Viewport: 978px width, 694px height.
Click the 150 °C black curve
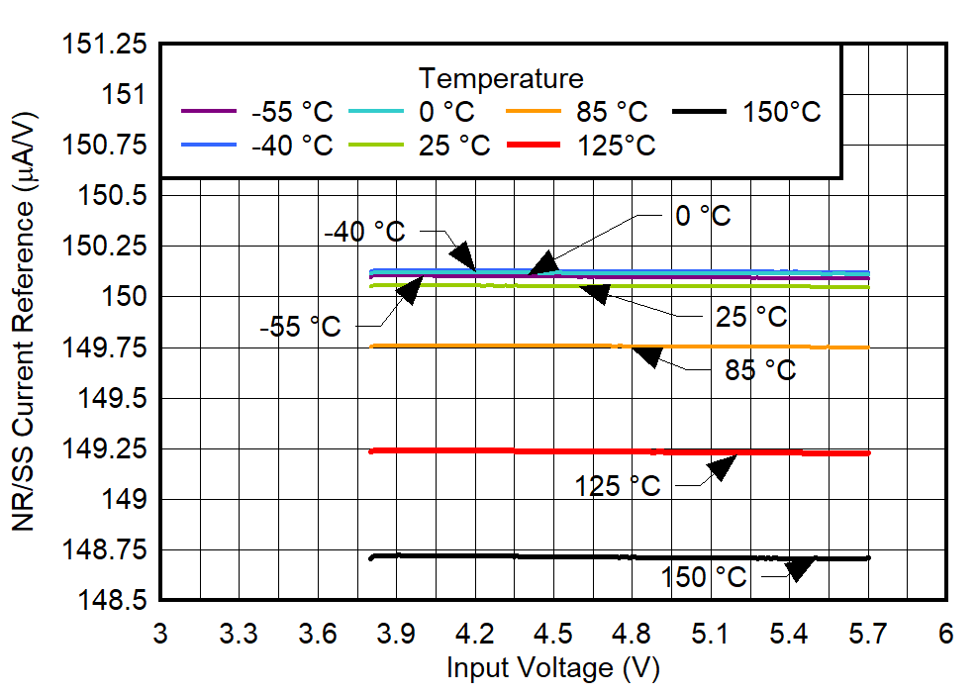594,557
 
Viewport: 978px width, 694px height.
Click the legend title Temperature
501,77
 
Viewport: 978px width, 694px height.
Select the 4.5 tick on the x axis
553,633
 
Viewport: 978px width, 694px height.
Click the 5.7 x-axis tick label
868,633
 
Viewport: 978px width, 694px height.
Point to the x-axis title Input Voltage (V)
552,668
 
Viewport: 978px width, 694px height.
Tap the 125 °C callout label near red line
617,486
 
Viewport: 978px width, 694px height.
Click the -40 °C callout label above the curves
364,232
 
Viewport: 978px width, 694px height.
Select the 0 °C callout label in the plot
703,215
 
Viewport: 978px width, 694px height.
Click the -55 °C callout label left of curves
300,326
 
